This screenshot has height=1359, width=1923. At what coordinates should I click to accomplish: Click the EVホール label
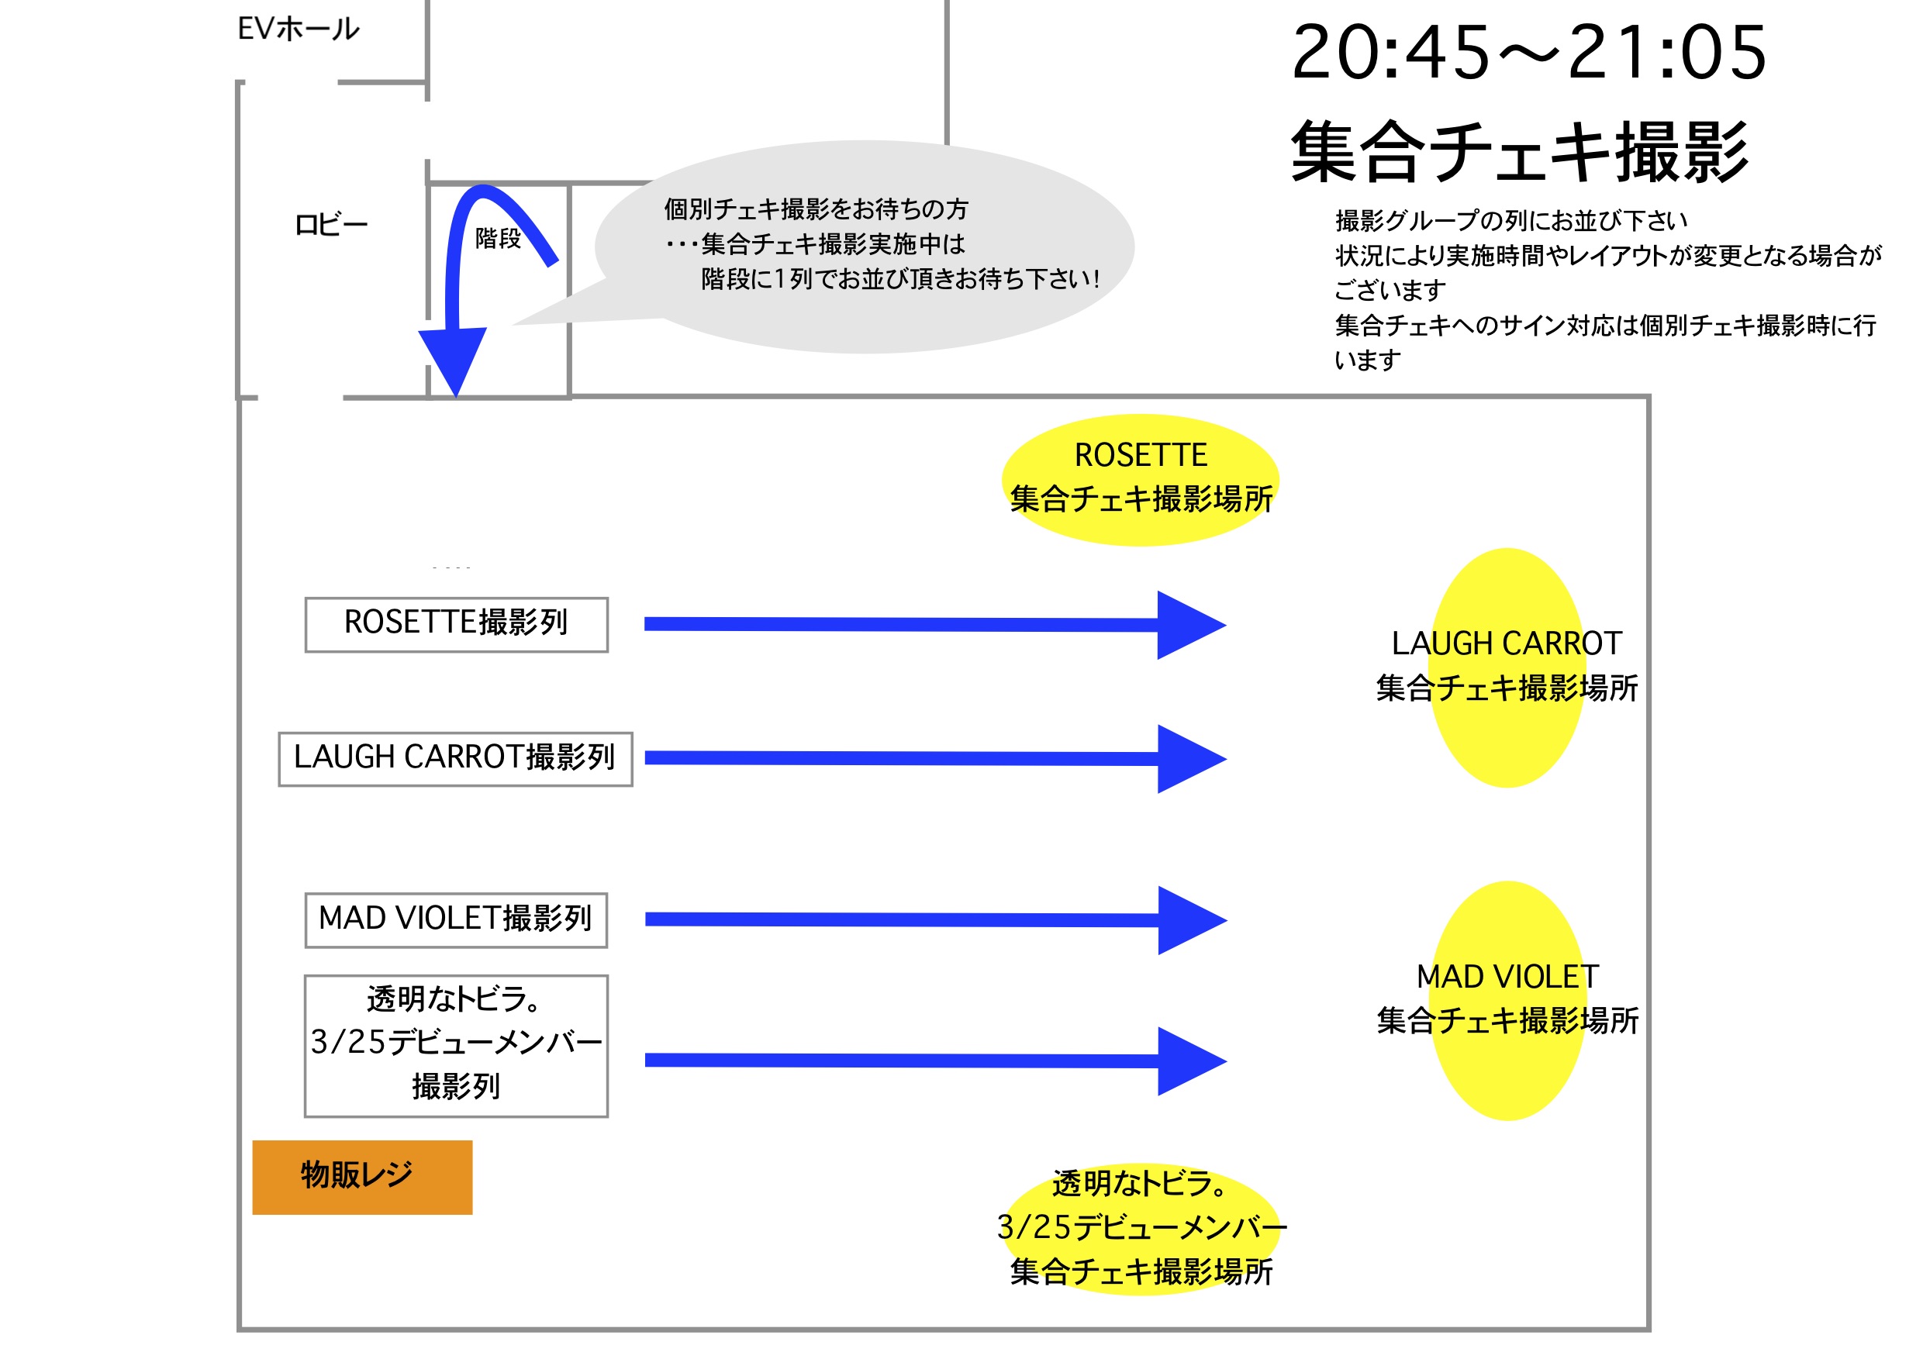click(x=299, y=29)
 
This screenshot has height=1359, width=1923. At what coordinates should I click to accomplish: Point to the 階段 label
click(x=498, y=239)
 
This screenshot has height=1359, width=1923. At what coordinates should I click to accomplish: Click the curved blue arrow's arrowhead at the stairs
click(x=453, y=357)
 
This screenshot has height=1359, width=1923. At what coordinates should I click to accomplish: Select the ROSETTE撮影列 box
click(x=456, y=625)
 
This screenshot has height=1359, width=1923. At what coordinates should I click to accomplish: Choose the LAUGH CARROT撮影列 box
click(x=455, y=760)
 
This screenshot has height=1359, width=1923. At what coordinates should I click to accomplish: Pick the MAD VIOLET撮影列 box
click(x=456, y=920)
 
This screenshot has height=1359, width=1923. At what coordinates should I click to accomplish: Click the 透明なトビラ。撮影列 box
click(x=456, y=1046)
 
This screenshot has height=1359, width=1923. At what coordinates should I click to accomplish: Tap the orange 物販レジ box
click(x=362, y=1178)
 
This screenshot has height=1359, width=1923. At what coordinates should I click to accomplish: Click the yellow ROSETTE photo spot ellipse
click(x=1140, y=480)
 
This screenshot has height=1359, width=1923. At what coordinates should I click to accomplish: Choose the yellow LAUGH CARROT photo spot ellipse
click(x=1506, y=667)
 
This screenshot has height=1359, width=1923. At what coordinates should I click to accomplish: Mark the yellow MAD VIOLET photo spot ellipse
click(x=1507, y=1000)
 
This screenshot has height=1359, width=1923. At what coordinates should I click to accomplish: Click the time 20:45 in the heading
click(x=1390, y=53)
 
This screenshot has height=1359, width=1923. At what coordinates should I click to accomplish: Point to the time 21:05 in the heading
click(x=1666, y=53)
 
